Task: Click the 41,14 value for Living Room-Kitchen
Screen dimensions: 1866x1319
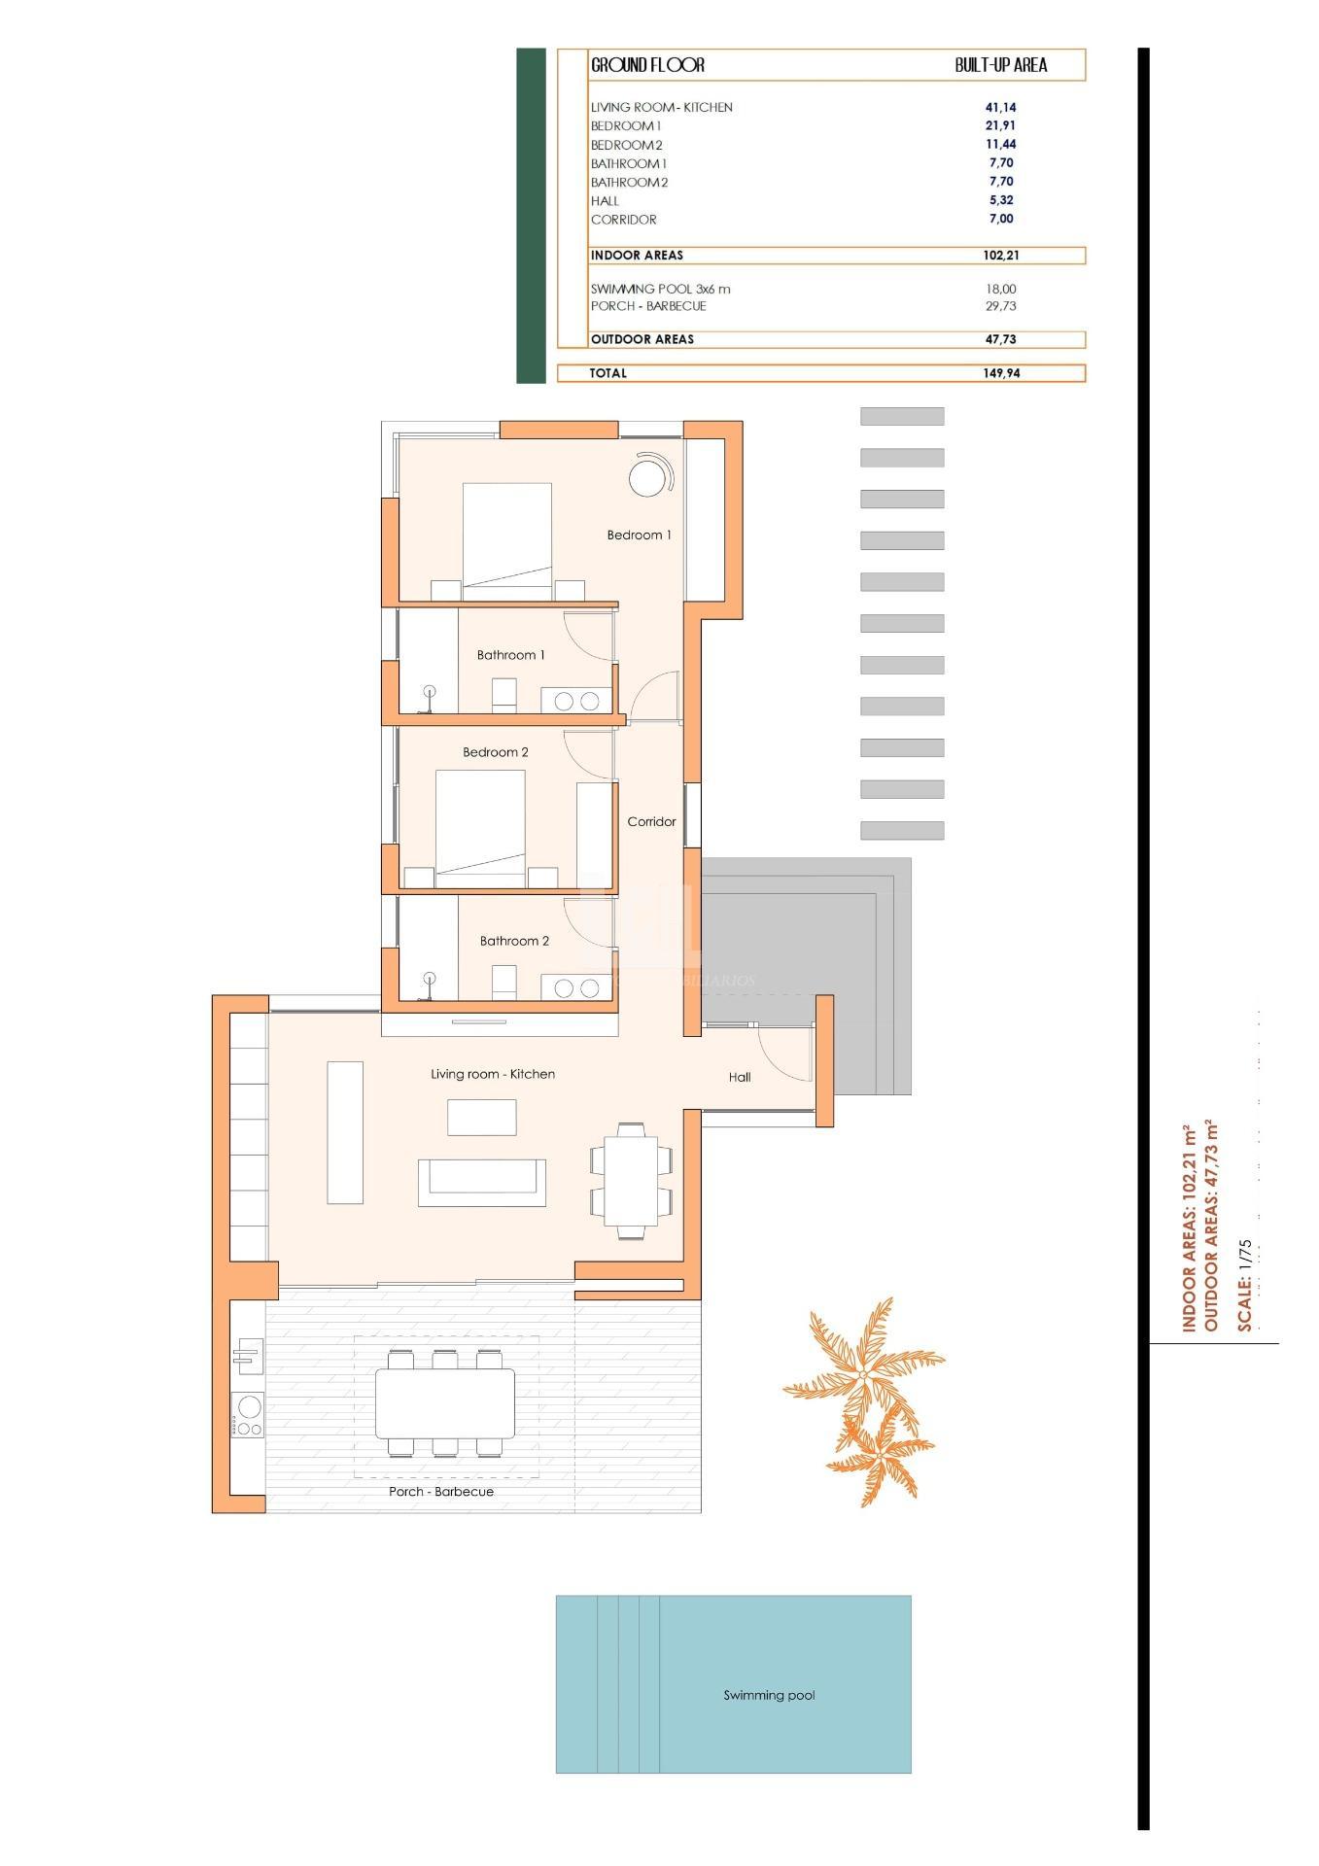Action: (1001, 108)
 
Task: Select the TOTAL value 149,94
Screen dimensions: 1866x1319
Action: (1000, 373)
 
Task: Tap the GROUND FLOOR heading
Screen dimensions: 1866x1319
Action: (647, 65)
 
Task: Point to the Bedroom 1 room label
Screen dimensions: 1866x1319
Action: (639, 536)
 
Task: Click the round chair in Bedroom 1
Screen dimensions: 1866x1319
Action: (646, 477)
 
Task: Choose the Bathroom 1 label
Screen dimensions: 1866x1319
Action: (510, 655)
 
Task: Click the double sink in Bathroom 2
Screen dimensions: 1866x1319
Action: (576, 988)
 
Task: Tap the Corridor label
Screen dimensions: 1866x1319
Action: (651, 822)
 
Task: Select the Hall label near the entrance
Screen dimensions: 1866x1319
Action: (740, 1077)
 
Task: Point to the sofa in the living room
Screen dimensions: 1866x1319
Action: (481, 1182)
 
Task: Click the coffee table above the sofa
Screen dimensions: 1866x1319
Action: (481, 1118)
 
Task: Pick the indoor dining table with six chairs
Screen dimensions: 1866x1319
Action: (631, 1180)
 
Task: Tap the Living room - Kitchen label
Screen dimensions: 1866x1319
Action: (493, 1074)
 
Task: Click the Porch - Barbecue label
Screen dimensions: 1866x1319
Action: (441, 1492)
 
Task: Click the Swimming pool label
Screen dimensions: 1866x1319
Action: (769, 1695)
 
